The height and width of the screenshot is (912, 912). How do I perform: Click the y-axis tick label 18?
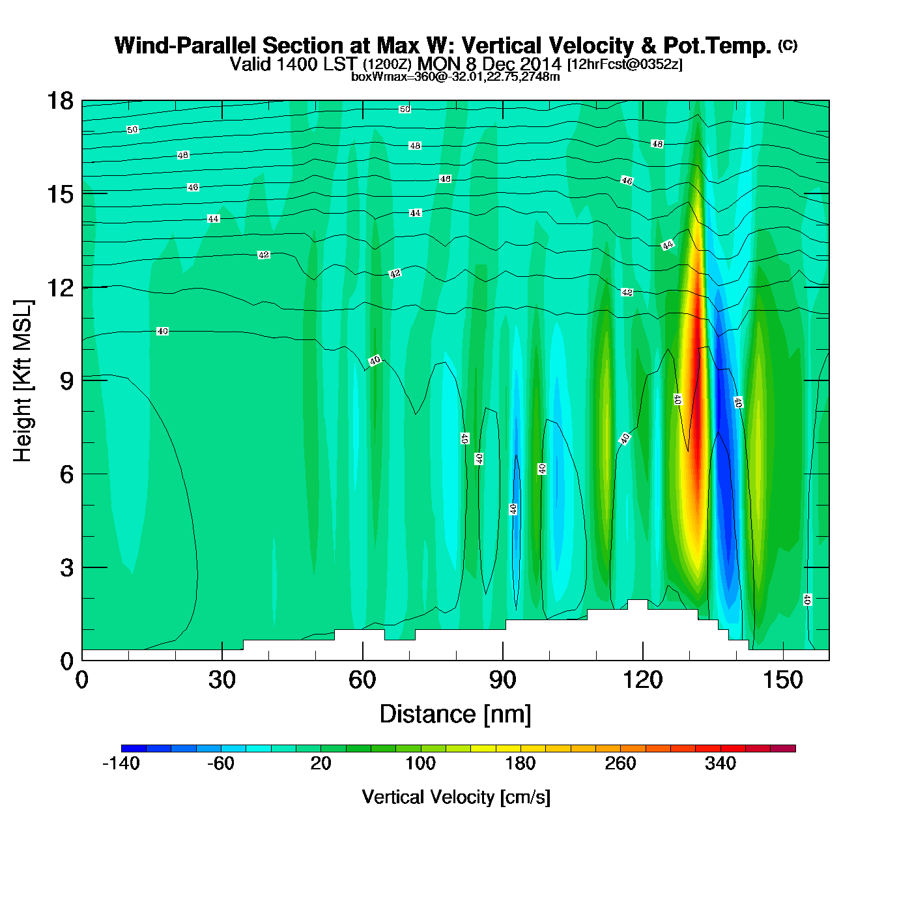pos(59,101)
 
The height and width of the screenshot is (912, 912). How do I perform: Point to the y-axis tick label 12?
pos(59,287)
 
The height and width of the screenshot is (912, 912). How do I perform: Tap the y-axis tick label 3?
pos(67,567)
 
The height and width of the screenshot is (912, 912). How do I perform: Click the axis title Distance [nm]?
pos(455,715)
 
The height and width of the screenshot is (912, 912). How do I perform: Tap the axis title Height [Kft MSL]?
pos(23,381)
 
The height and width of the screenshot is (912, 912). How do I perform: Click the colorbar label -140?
pos(121,763)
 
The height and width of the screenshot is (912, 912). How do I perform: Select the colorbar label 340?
pos(720,763)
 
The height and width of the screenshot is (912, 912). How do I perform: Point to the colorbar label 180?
pos(520,763)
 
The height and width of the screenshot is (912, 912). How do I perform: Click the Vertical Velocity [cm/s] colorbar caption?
pos(456,797)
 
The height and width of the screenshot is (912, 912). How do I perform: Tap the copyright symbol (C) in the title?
pos(788,45)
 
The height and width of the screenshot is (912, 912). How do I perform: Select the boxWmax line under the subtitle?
pos(455,77)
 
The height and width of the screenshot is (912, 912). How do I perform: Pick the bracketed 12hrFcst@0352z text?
pos(625,64)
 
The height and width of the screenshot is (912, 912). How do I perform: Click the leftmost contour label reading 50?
pos(133,130)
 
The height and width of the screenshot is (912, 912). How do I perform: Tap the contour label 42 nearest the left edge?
pos(264,255)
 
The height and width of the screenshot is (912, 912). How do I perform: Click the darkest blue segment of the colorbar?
pos(134,748)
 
